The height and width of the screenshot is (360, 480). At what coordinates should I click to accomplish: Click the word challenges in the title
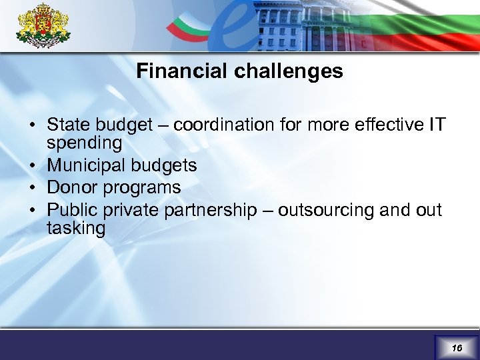point(288,71)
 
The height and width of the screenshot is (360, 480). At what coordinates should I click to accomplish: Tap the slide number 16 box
point(456,348)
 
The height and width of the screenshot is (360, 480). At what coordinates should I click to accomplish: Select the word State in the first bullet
point(69,125)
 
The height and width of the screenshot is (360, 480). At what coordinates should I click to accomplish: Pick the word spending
point(84,143)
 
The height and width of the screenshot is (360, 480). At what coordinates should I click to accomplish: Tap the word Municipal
point(87,165)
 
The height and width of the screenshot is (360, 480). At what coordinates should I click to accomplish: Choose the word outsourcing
point(326,210)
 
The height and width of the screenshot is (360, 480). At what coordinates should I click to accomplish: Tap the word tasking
point(76,229)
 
